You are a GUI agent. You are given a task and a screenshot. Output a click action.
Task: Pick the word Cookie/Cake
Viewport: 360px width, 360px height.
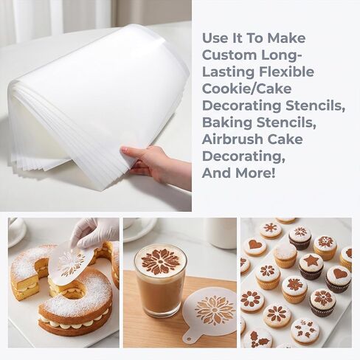[247, 89]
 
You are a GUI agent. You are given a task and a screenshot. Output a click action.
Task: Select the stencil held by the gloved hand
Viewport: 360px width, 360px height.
[72, 261]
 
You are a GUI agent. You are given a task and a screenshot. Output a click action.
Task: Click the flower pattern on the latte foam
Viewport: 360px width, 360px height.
[161, 262]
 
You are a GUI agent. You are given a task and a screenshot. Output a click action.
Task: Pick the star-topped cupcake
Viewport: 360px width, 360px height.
[311, 266]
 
